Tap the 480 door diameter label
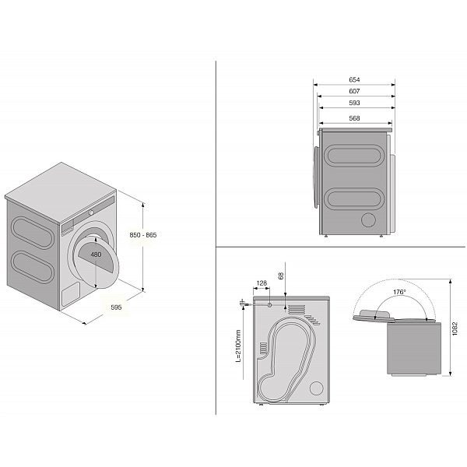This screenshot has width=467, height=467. [96, 255]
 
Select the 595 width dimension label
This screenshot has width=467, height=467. [116, 307]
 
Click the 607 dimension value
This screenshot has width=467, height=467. [354, 91]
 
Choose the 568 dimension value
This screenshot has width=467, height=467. [354, 118]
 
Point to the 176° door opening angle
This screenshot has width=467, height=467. [399, 292]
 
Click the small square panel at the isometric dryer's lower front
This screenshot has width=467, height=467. [70, 293]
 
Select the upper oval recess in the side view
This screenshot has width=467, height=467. [354, 156]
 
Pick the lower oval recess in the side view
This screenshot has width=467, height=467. [354, 199]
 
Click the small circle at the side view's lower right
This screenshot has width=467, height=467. [366, 221]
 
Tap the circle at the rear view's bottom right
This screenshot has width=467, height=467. [317, 387]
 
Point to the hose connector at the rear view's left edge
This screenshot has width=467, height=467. [244, 300]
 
